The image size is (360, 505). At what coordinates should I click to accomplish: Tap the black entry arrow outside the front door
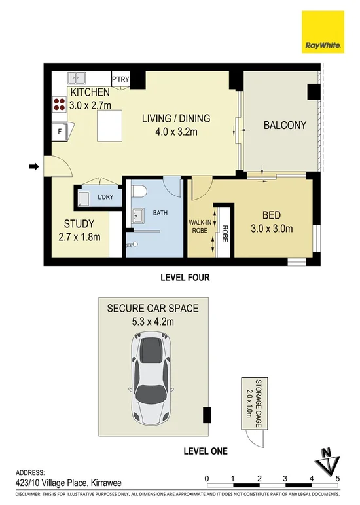click(x=33, y=168)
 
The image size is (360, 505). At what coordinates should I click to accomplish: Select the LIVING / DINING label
click(x=177, y=119)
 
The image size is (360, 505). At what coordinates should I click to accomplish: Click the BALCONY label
click(x=285, y=125)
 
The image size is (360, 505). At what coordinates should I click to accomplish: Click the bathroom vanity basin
click(x=138, y=215)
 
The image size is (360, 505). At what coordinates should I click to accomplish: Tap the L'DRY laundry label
click(x=106, y=197)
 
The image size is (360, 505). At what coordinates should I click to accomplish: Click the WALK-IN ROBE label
click(x=200, y=226)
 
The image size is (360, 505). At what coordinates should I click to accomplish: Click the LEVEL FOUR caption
click(x=185, y=277)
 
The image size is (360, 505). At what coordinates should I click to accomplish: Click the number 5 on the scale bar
click(x=338, y=477)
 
